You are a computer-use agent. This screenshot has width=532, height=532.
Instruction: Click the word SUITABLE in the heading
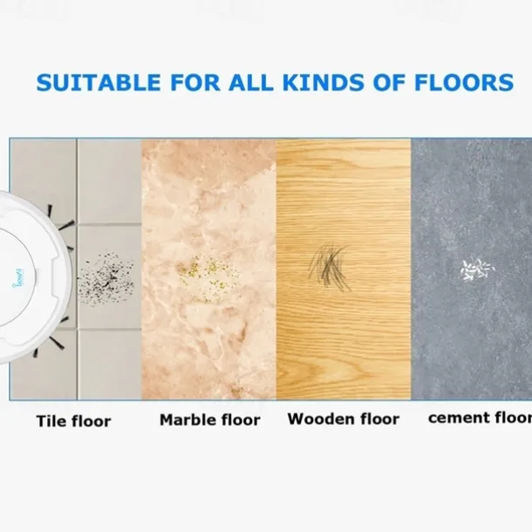click(90, 84)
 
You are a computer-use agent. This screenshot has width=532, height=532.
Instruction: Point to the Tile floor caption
click(73, 421)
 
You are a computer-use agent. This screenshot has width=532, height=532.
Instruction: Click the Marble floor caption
click(209, 420)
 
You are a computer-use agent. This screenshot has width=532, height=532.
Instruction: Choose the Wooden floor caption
click(344, 419)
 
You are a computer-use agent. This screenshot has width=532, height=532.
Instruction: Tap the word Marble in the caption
click(186, 420)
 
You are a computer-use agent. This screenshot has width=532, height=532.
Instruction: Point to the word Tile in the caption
click(51, 421)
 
